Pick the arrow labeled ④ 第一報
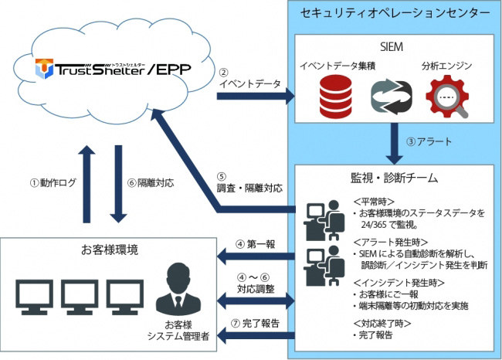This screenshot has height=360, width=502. (256, 255)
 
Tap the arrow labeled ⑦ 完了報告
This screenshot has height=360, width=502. (256, 334)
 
